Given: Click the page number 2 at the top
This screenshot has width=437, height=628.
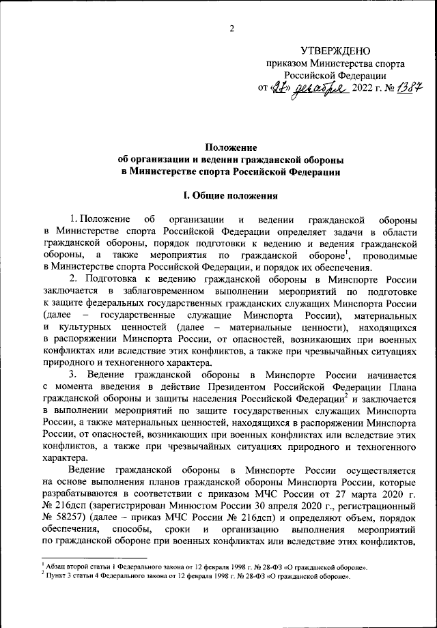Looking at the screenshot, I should (x=231, y=28).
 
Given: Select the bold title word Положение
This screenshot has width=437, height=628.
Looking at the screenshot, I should (x=231, y=147).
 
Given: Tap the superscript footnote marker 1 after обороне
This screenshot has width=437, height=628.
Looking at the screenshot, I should (x=348, y=251).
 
